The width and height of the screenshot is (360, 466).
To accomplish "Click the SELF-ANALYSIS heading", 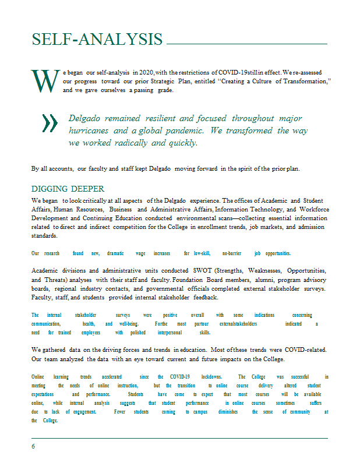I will pos(97,39).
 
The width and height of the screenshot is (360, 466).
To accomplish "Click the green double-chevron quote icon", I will pos(50,122).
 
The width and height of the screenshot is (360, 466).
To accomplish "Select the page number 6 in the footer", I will pos(34,446).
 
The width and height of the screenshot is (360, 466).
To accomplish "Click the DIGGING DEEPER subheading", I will pos(68,189).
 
